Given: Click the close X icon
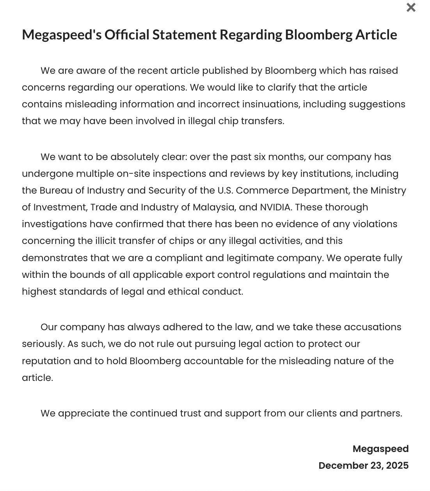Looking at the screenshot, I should (410, 7).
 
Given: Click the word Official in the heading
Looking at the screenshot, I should (127, 35).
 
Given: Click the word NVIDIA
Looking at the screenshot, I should (275, 207).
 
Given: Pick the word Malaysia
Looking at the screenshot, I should (214, 207).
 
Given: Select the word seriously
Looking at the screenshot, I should (43, 344).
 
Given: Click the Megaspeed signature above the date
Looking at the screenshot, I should (380, 449).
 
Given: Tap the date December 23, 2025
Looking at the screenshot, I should (363, 466).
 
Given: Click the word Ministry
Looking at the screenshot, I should (388, 190).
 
